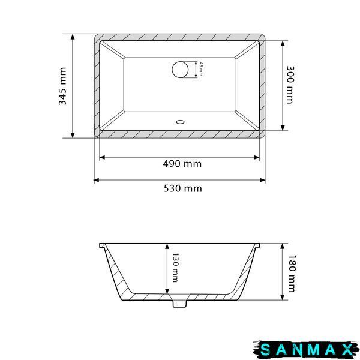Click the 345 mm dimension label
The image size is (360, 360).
click(62, 86)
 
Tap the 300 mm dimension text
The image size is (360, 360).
click(290, 85)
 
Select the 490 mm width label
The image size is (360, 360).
click(182, 164)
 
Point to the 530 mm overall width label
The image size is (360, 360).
click(183, 188)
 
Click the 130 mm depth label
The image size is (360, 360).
click(175, 268)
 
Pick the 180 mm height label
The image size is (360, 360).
click(292, 273)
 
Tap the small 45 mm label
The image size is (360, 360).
click(201, 68)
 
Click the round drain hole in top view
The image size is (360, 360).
click(180, 70)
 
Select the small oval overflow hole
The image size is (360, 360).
click(180, 122)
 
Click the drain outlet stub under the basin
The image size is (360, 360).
click(180, 304)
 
